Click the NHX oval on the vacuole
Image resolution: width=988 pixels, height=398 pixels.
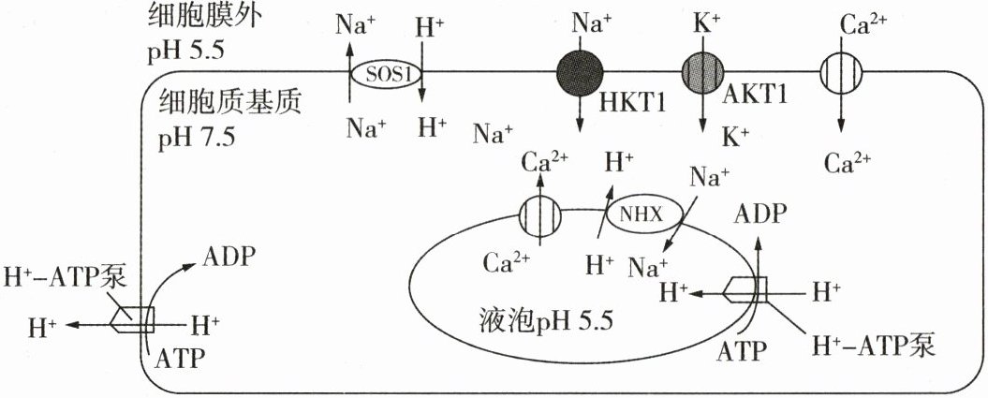(x=638, y=214)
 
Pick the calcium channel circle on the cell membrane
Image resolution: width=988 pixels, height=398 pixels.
(x=842, y=71)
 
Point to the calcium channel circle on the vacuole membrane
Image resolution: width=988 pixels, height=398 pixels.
(x=541, y=217)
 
